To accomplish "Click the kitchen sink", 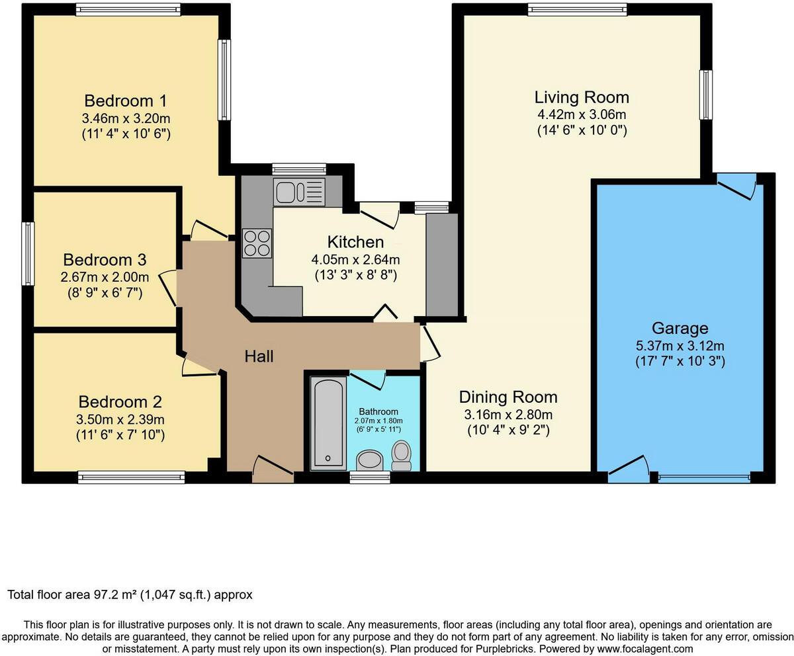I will [x=298, y=192].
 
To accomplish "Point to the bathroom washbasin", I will [x=368, y=460].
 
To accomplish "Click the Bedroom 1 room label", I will [x=126, y=101].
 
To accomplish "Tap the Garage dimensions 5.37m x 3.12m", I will [x=680, y=345].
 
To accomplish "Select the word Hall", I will [x=259, y=356].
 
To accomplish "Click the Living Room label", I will [x=582, y=97].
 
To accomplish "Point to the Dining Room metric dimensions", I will [x=508, y=415].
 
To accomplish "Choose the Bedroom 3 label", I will [x=105, y=259].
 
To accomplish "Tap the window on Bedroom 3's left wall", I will [x=28, y=253].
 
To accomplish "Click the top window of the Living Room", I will [x=577, y=9].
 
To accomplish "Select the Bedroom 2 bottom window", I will [x=131, y=477].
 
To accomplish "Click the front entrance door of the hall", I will [x=273, y=467].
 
